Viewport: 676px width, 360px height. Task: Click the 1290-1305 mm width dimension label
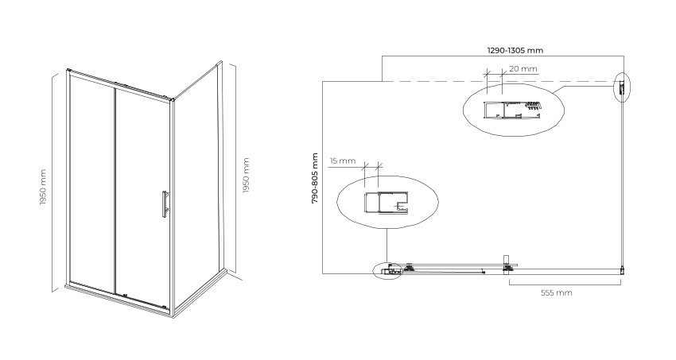pos(515,50)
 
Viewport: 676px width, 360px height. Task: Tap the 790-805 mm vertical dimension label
pos(315,178)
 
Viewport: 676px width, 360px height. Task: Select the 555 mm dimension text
pos(557,292)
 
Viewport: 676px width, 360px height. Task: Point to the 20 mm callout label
pos(523,69)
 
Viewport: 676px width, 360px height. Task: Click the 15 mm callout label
pos(343,161)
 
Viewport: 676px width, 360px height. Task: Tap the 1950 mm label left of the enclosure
pos(43,187)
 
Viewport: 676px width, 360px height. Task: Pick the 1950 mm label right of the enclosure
pos(247,176)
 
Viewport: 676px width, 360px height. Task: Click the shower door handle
pos(165,204)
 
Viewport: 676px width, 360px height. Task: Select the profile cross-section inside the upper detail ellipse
pos(512,110)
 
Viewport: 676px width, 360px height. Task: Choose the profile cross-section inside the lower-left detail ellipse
pos(387,203)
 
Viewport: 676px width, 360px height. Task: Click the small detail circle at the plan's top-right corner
pos(622,87)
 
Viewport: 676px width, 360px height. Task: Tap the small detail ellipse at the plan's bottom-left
pos(387,271)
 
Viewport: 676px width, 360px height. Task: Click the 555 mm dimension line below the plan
pos(565,285)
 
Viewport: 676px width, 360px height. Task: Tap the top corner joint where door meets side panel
pos(173,99)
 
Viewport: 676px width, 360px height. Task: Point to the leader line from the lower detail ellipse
pos(387,246)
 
